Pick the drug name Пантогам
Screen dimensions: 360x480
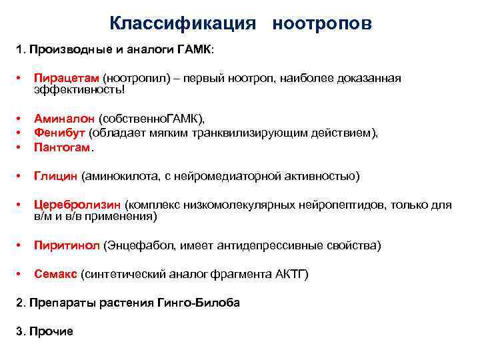(x=63, y=147)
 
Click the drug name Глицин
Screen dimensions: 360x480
(x=56, y=176)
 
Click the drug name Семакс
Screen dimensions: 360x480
(x=55, y=274)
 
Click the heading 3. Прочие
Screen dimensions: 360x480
(x=44, y=331)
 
